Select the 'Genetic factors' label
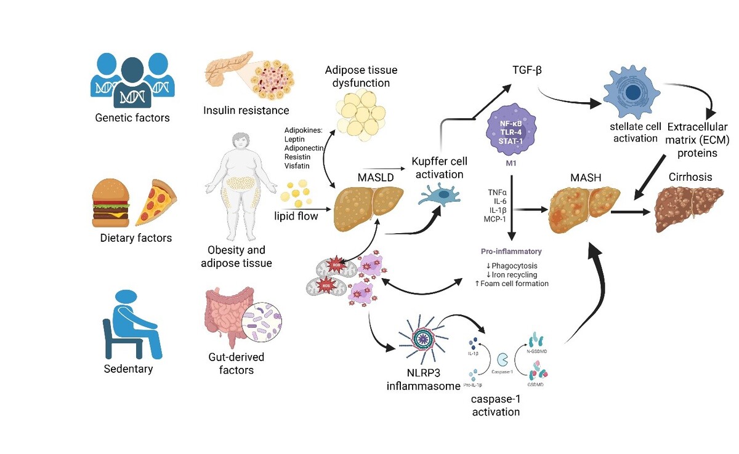pos(132,117)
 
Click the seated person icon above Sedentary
pos(133,324)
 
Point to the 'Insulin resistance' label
pos(246,111)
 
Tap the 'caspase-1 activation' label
pos(496,405)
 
